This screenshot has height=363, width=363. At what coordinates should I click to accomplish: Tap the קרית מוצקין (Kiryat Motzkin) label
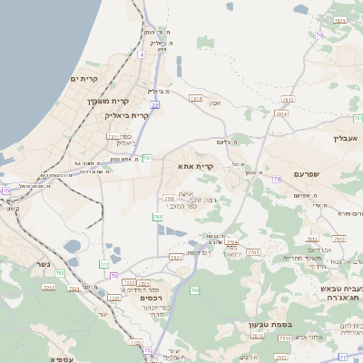[x=109, y=101]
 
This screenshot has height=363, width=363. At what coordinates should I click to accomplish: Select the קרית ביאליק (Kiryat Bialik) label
[x=125, y=115]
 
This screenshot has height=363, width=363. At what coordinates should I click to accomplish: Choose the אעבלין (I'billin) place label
[x=346, y=139]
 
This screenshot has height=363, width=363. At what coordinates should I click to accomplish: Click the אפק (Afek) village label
[x=215, y=103]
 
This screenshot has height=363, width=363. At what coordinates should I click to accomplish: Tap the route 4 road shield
[x=142, y=54]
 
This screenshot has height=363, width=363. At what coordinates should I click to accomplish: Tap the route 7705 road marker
[x=253, y=251]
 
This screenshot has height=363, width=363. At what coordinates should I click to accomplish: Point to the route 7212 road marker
[x=49, y=287]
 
